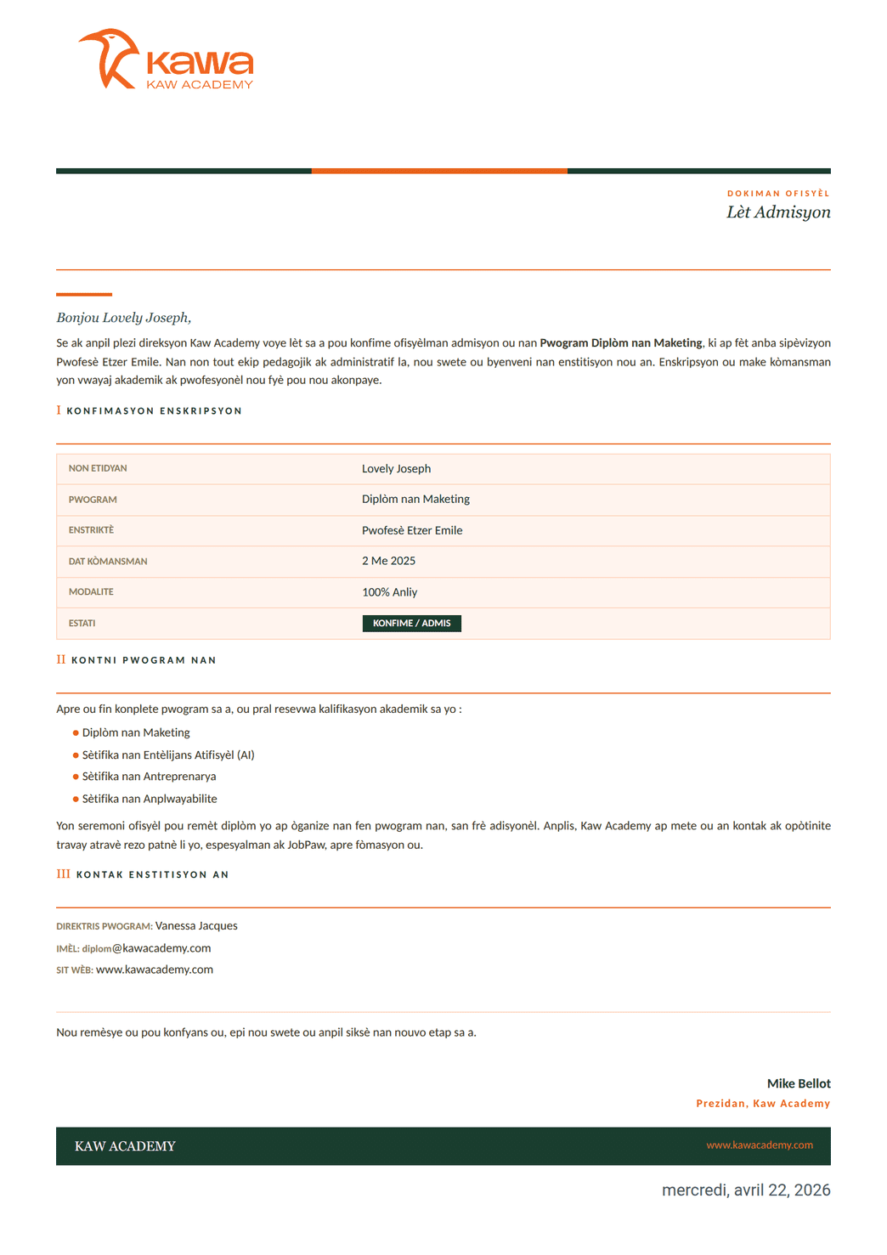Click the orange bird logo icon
pyautogui.click(x=109, y=59)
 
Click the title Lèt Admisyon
pyautogui.click(x=778, y=212)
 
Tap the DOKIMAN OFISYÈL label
pyautogui.click(x=778, y=194)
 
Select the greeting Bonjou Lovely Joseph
pyautogui.click(x=124, y=318)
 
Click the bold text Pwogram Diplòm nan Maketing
pyautogui.click(x=621, y=343)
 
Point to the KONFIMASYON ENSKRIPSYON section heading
pyautogui.click(x=155, y=411)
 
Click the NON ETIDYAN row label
pyautogui.click(x=98, y=469)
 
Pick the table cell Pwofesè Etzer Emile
pyautogui.click(x=412, y=530)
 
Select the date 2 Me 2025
pyautogui.click(x=388, y=561)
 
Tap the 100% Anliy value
pyautogui.click(x=389, y=592)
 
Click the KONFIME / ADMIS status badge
pyautogui.click(x=411, y=624)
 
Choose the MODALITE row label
pyautogui.click(x=91, y=592)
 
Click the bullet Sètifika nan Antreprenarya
pyautogui.click(x=149, y=777)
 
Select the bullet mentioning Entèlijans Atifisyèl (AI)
pyautogui.click(x=168, y=755)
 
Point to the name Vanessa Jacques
pyautogui.click(x=196, y=926)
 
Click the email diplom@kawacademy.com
pyautogui.click(x=146, y=948)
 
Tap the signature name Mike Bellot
pyautogui.click(x=799, y=1083)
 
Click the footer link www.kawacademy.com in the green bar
pyautogui.click(x=760, y=1145)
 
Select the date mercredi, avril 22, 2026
pyautogui.click(x=746, y=1190)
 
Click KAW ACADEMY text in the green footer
pyautogui.click(x=125, y=1146)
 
